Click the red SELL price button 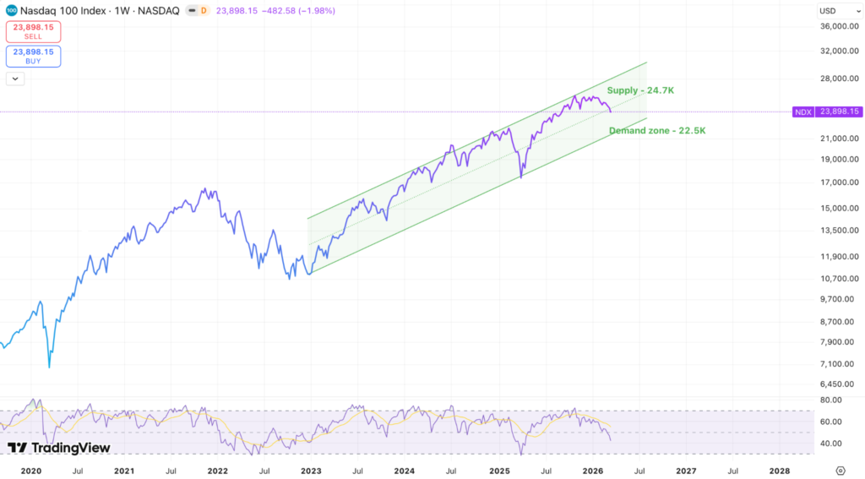(33, 31)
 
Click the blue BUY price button (33, 57)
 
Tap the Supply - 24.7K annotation (640, 90)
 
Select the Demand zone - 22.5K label (657, 131)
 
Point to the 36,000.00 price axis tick (839, 26)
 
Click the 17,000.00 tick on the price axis (839, 182)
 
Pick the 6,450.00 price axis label (839, 384)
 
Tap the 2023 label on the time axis (311, 471)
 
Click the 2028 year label (780, 471)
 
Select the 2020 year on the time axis (30, 471)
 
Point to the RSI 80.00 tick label (831, 400)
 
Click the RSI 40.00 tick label (831, 444)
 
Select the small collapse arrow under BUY (15, 79)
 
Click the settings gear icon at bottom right (841, 471)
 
